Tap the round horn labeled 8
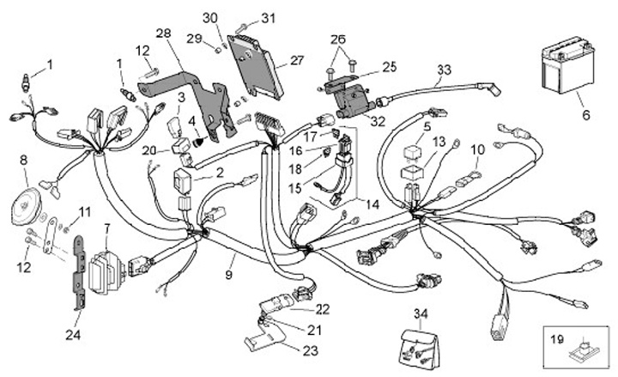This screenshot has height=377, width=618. point(26,207)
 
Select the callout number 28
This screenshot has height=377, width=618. point(163,33)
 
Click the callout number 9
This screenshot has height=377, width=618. point(229,276)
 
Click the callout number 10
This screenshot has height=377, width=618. point(478,149)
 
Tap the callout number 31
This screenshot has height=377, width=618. point(268,17)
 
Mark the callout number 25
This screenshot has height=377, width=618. point(389,66)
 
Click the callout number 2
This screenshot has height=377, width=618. point(220,173)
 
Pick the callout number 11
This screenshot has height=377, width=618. point(83,210)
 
